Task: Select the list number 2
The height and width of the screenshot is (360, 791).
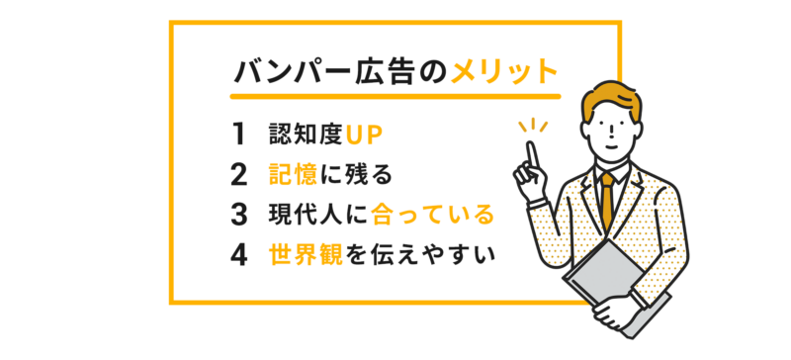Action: pos(237,174)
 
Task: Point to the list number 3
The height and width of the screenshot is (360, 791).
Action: pos(237,215)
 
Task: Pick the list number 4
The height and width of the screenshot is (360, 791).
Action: pos(237,255)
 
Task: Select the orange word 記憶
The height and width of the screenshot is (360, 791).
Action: pos(293,174)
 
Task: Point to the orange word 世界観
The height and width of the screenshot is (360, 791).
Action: pos(304,255)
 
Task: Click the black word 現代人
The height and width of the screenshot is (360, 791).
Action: pos(304,215)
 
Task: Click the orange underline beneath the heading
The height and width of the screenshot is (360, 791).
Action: pos(395,97)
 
